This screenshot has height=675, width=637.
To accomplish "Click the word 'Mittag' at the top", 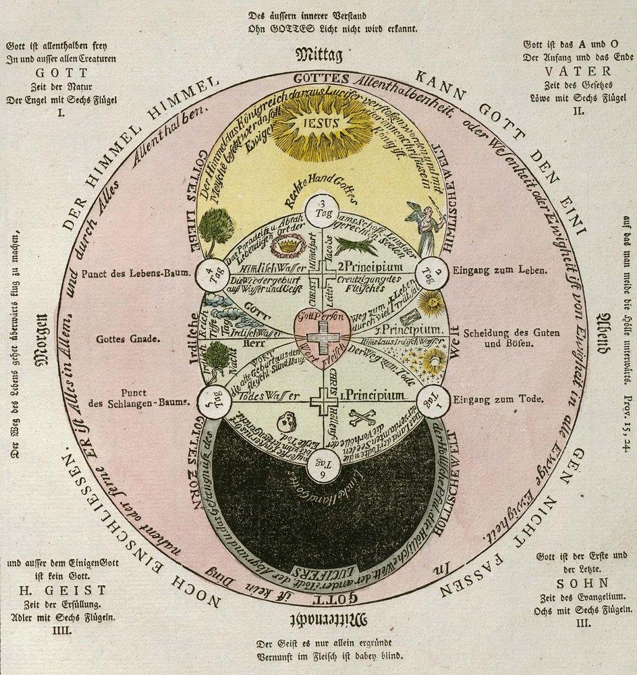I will click(x=321, y=54).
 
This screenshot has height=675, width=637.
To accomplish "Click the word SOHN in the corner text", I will click(x=573, y=583).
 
